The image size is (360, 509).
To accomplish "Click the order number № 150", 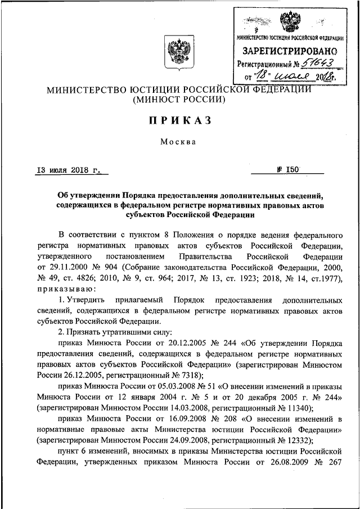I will (291, 169).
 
